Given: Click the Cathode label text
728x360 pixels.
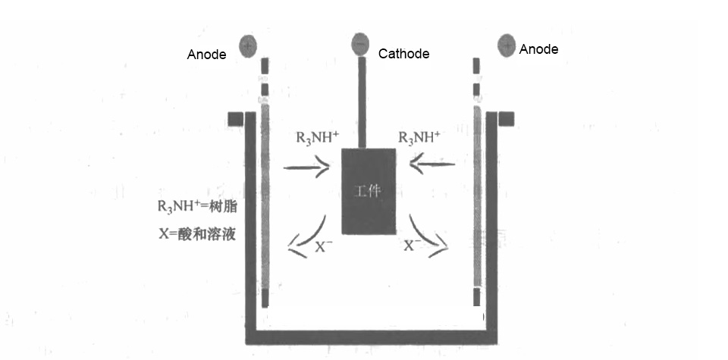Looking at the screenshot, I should pyautogui.click(x=403, y=54).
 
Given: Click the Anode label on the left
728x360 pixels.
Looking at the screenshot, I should pyautogui.click(x=206, y=55).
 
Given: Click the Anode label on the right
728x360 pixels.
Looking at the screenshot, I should pyautogui.click(x=538, y=49).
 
